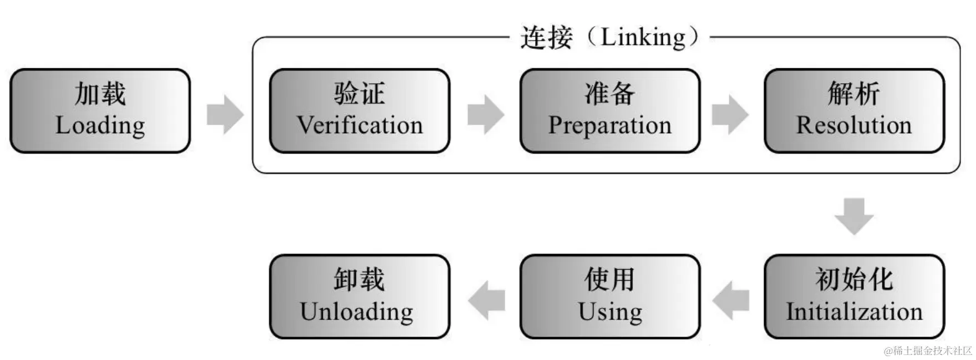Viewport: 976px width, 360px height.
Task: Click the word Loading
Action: pos(100,126)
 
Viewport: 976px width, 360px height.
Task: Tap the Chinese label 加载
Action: pos(100,93)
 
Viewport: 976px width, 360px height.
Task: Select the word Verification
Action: pos(359,125)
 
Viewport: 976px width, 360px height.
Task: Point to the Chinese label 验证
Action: pos(359,93)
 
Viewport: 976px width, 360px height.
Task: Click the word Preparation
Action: pos(609,126)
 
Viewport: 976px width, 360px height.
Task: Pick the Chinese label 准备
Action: pos(609,93)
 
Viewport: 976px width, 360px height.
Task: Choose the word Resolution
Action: pos(854,125)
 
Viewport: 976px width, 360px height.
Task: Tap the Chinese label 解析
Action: pos(854,93)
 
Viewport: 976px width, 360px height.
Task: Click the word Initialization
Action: pos(854,312)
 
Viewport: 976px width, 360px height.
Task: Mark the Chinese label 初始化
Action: pos(854,279)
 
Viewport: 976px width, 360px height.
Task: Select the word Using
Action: pos(610,312)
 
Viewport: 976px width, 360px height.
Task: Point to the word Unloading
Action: pos(357,312)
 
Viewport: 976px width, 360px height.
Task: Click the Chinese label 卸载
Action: pos(359,279)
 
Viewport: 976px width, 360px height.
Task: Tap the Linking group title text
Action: pos(609,38)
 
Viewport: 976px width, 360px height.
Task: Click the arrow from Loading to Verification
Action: pos(225,114)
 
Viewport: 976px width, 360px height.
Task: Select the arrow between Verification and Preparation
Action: pos(486,114)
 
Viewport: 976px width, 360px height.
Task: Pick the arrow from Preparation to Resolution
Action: pos(730,114)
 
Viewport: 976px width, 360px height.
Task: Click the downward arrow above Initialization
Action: pos(854,216)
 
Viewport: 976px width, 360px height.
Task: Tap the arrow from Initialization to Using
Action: pos(731,300)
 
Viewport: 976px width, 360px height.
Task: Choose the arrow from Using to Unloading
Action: pos(486,300)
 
